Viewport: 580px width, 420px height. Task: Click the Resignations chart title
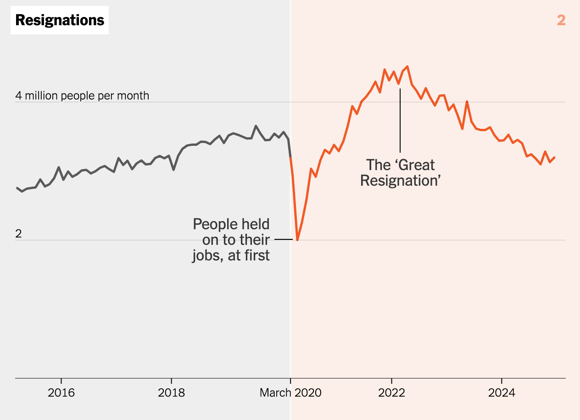tap(60, 20)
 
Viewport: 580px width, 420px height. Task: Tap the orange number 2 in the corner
tap(561, 20)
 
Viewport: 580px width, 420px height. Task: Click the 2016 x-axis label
tap(61, 393)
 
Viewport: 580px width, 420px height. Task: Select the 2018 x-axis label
tap(171, 393)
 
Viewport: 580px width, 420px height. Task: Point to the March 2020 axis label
tap(290, 393)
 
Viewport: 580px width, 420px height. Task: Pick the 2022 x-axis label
tap(391, 393)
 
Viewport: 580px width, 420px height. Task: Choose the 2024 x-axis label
tap(502, 393)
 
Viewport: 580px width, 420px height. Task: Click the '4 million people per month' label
tap(82, 95)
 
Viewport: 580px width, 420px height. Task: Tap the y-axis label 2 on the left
tap(18, 233)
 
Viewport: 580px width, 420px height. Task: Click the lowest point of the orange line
tap(297, 240)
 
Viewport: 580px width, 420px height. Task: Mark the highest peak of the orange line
tap(407, 66)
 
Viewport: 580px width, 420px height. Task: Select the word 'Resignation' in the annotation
tap(400, 180)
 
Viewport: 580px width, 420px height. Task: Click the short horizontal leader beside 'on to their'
tap(283, 239)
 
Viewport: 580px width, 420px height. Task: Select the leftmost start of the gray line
tap(17, 188)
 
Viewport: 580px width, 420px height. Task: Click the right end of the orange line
tap(555, 157)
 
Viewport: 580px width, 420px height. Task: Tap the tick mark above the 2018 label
tap(171, 381)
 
